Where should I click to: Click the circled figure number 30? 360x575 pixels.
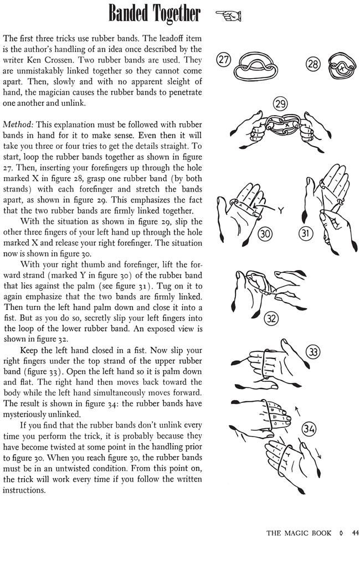point(265,235)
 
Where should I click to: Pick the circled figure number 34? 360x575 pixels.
point(310,429)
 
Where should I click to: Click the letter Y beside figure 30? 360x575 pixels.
point(281,210)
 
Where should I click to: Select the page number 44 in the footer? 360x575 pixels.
point(355,533)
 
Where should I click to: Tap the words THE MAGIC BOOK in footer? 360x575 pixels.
point(299,533)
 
